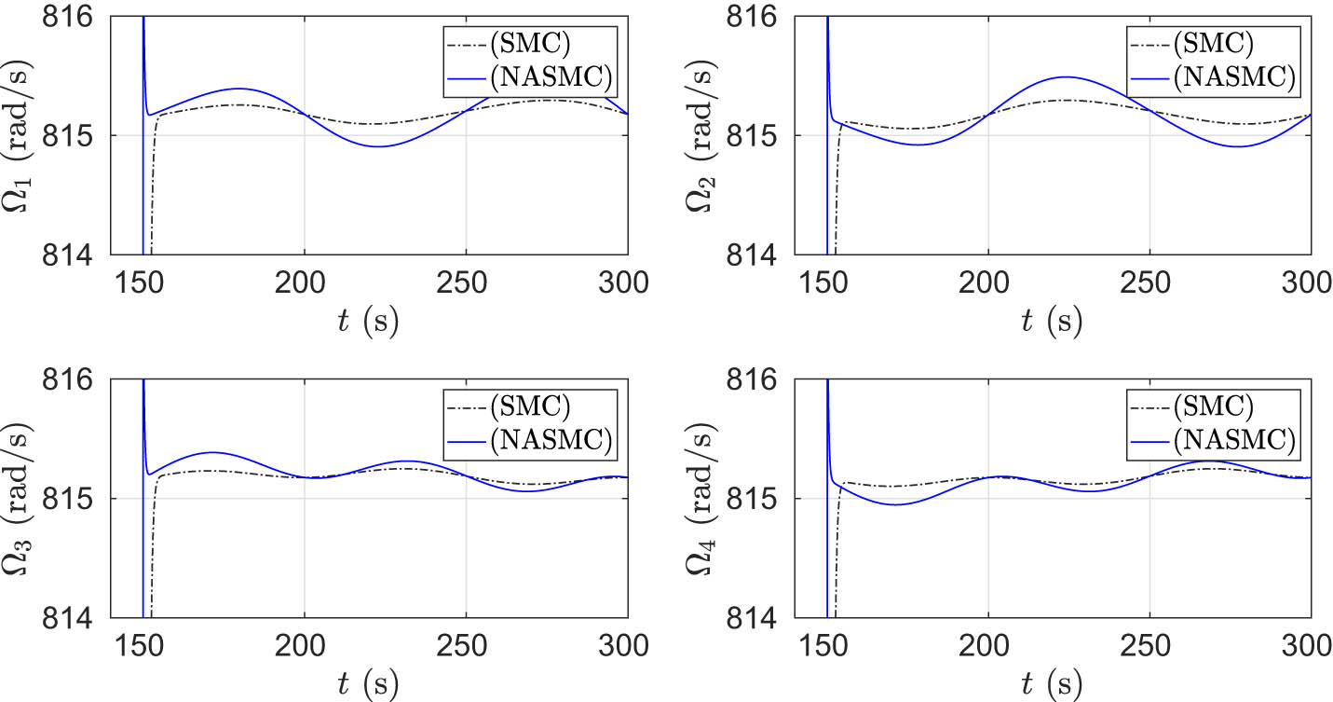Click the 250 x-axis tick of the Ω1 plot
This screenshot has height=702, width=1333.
[465, 282]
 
